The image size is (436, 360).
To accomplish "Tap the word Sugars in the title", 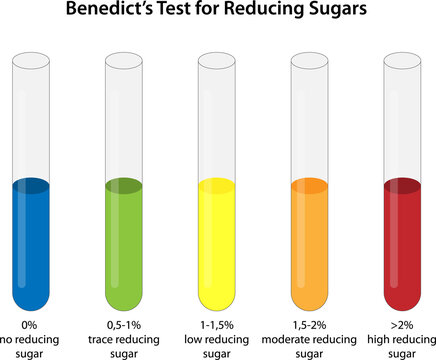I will click(x=338, y=12).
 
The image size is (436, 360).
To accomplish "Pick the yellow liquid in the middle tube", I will click(x=217, y=250).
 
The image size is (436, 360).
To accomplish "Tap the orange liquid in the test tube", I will click(x=309, y=250).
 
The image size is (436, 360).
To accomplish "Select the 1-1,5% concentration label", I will click(x=217, y=325).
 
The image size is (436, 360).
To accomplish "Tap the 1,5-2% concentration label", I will click(x=309, y=325).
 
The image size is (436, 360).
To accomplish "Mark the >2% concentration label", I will click(x=401, y=325).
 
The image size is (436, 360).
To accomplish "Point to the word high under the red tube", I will click(x=383, y=339).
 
